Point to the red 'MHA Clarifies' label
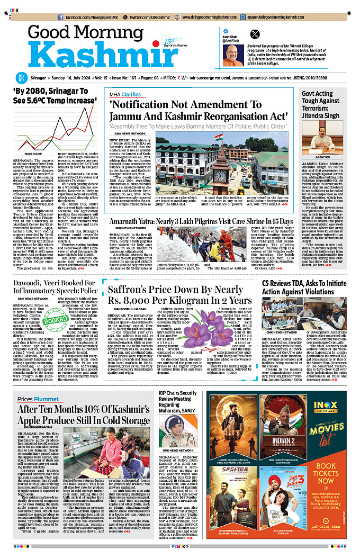tap(126, 94)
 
